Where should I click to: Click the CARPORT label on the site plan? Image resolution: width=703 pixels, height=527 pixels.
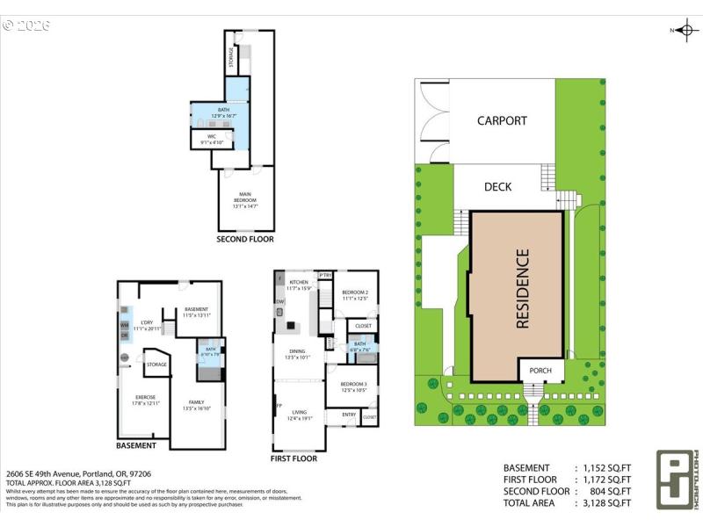coord(502,121)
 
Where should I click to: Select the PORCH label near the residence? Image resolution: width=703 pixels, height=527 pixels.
coord(540,371)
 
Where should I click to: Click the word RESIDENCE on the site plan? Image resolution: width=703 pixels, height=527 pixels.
coord(522,289)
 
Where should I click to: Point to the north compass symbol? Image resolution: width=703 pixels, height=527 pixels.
coord(685,30)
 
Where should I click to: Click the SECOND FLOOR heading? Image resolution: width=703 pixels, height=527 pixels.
coord(245,239)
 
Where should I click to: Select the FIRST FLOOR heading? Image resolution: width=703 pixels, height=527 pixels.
coord(294,458)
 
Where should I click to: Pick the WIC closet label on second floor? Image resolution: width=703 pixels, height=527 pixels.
coord(212,140)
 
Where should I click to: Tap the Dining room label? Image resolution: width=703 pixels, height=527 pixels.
coord(299,353)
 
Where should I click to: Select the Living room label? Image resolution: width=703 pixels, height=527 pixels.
coord(300,415)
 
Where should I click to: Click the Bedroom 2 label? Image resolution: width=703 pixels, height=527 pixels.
coord(354,294)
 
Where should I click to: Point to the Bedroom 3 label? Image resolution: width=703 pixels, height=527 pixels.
coord(353,386)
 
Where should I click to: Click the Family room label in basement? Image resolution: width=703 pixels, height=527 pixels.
coord(196,405)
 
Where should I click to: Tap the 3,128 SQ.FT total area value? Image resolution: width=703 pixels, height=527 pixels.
coord(606,502)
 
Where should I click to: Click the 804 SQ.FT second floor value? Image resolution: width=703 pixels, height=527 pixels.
coord(609,491)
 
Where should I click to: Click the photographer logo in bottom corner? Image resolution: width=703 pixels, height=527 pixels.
coord(673,480)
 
